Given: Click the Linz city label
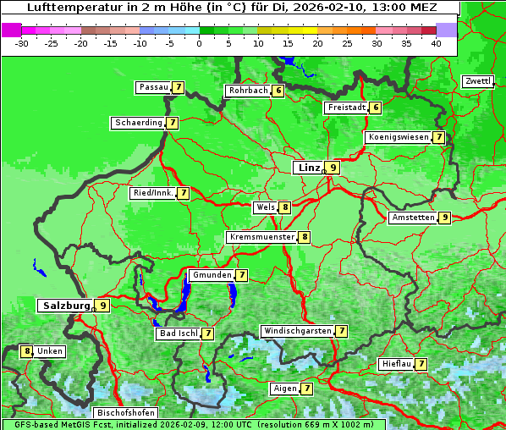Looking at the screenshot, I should (308, 168).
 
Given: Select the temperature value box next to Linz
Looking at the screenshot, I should (333, 168).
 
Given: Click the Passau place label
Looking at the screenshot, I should (153, 87).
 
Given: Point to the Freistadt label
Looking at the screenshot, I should (346, 107).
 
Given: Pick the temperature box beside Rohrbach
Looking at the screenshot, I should (278, 91).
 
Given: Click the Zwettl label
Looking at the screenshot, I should (477, 81).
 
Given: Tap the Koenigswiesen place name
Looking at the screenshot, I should (398, 137).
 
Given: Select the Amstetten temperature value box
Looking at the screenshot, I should (444, 218).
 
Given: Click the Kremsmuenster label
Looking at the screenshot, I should (261, 237).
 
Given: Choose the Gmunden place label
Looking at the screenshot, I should (211, 275).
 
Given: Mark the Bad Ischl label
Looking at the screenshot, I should (178, 334).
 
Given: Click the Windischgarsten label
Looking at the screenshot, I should (296, 331).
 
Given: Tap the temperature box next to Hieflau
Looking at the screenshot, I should (421, 364).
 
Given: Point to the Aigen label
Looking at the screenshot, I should (284, 389).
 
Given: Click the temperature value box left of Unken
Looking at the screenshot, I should (27, 351).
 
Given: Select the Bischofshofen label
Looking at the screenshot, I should (124, 412).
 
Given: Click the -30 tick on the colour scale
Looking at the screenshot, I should (22, 42).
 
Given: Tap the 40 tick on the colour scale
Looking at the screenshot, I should (436, 42).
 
